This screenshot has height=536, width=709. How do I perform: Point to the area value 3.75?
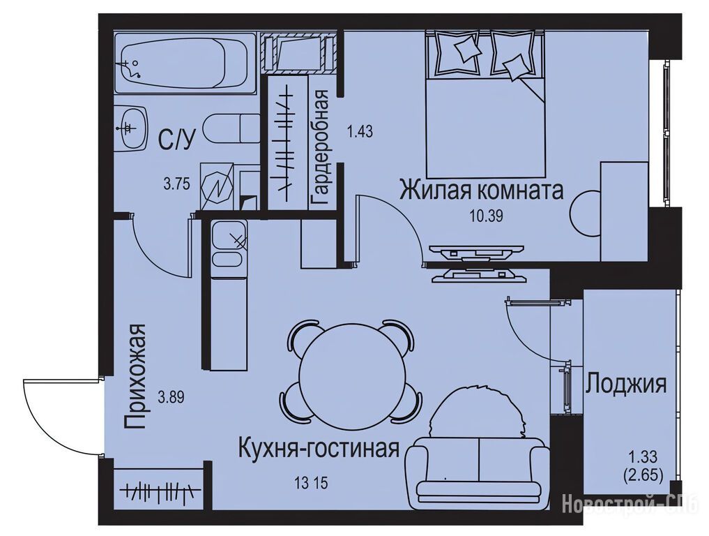click(176, 184)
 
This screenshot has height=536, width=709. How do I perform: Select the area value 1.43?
click(360, 132)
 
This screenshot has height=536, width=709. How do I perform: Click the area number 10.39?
click(486, 216)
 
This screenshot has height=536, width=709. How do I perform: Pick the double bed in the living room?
click(485, 103)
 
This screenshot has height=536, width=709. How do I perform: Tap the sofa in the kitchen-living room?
click(478, 470)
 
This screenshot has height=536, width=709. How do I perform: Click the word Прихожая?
click(135, 376)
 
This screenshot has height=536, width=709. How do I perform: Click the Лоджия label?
click(626, 385)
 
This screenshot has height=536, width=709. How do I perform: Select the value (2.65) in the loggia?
click(643, 475)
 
